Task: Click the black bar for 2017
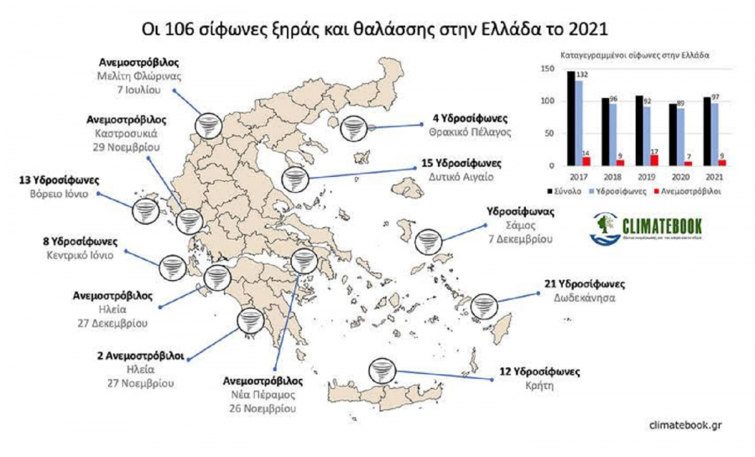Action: click(x=571, y=118)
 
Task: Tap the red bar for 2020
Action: click(x=687, y=163)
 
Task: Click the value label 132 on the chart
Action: click(x=581, y=75)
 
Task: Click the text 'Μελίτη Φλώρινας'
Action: click(x=138, y=75)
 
